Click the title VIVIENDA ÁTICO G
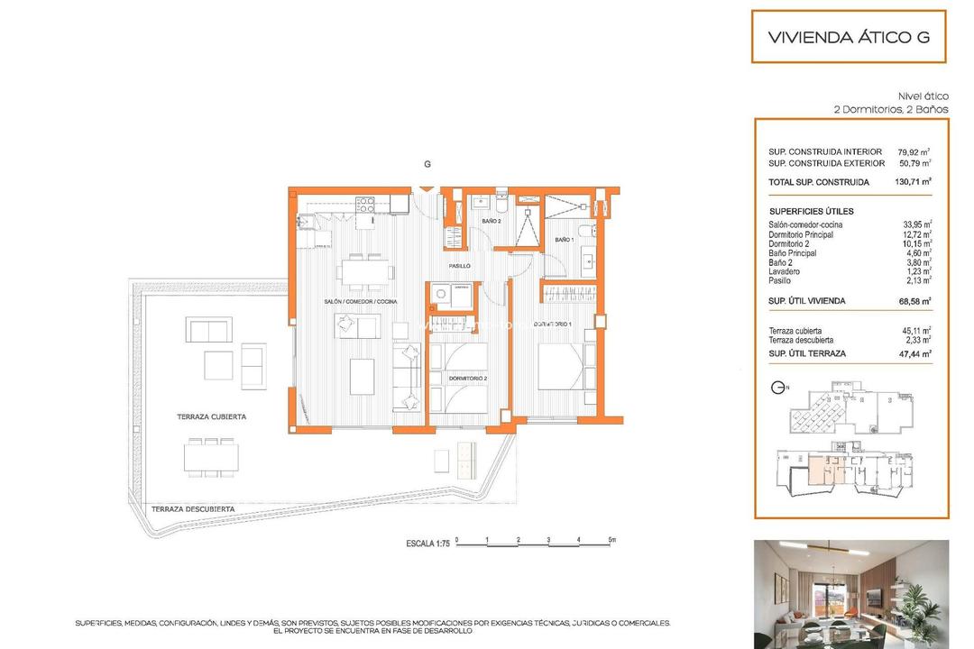pos(848,38)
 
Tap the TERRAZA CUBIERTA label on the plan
pos(212,417)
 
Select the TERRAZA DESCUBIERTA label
pos(193,509)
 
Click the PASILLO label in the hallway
pos(461,267)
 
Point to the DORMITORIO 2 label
pos(468,378)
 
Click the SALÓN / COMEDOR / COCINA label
pos(361,301)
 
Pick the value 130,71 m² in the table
pos(914,182)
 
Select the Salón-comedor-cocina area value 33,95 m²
pos(914,225)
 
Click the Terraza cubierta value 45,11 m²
pos(914,331)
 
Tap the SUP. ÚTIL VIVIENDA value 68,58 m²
pos(914,301)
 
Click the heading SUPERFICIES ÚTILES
pos(811,211)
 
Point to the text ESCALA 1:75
pos(427,544)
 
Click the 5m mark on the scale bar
pos(611,542)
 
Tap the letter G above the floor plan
pos(427,164)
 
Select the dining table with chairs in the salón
pos(366,270)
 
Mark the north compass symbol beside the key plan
pos(777,388)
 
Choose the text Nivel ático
pos(923,96)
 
